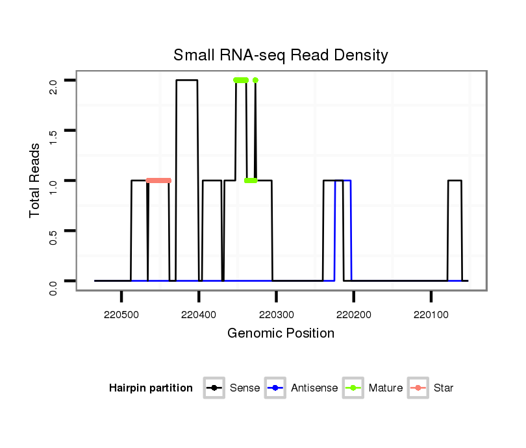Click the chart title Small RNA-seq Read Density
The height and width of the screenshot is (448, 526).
click(281, 55)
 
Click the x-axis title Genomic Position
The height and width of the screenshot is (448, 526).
click(281, 334)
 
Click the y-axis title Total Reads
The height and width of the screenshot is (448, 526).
click(35, 180)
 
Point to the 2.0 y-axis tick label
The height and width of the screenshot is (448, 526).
click(53, 81)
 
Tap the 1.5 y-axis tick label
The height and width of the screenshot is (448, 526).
click(53, 131)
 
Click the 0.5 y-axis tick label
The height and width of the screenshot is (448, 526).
click(53, 230)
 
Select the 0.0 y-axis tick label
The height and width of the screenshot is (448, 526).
click(53, 281)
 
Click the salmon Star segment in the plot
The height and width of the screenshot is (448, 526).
click(158, 180)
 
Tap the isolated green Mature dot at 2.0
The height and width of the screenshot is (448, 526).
click(255, 81)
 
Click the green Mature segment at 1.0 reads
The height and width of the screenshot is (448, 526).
click(251, 180)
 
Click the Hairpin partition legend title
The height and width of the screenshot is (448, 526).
click(151, 388)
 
